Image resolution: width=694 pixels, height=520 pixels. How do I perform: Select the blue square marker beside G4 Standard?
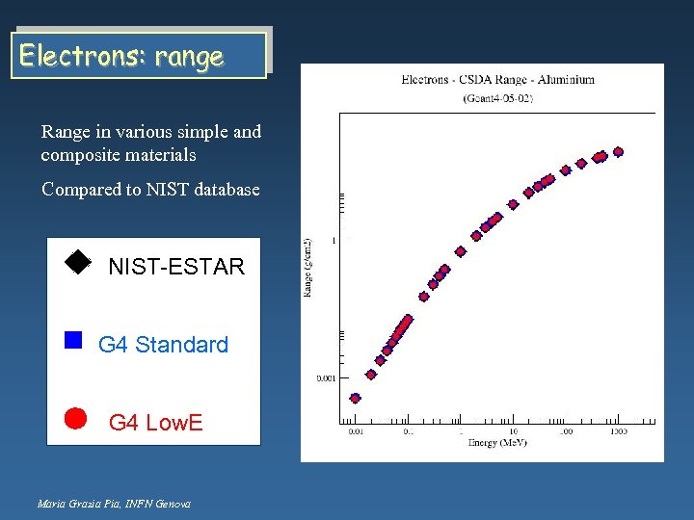pos(73,339)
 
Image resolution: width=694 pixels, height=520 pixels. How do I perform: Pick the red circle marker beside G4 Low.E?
pos(75,417)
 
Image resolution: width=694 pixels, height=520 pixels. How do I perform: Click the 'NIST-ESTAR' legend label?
pos(176,267)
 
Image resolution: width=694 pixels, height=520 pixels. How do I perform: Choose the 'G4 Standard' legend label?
pos(163,345)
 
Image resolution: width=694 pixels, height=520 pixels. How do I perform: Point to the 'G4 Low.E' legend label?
pos(155,422)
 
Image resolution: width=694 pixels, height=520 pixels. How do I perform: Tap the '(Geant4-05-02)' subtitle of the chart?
pos(497,98)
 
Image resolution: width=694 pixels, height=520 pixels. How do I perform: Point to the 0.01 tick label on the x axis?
pos(357,432)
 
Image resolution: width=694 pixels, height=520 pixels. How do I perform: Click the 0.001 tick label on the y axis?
pos(327,378)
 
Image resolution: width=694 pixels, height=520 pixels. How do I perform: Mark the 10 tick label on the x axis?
pos(513,432)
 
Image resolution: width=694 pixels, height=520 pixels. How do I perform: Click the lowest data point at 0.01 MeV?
pos(355,398)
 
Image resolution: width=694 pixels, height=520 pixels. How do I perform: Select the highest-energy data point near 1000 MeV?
pos(618,151)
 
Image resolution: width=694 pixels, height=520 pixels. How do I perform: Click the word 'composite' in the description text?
pos(80,155)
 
